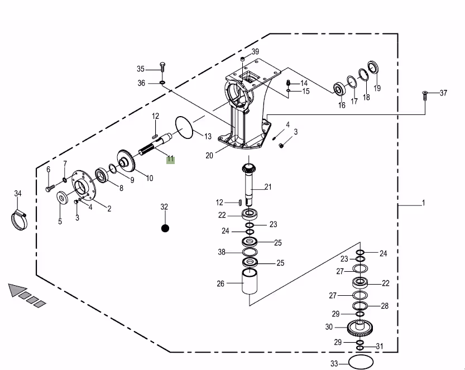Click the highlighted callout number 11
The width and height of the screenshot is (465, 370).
[x=170, y=160]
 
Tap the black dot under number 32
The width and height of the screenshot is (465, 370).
[x=165, y=228]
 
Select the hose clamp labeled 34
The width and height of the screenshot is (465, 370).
[x=18, y=220]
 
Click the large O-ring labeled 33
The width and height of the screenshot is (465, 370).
[x=361, y=362]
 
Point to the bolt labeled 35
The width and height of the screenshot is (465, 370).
[x=162, y=67]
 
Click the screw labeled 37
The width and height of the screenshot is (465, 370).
[x=425, y=96]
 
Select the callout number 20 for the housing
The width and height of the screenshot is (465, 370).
[x=209, y=155]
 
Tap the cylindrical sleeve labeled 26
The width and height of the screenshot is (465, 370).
[x=250, y=281]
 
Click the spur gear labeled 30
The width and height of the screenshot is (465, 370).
[x=359, y=328]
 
